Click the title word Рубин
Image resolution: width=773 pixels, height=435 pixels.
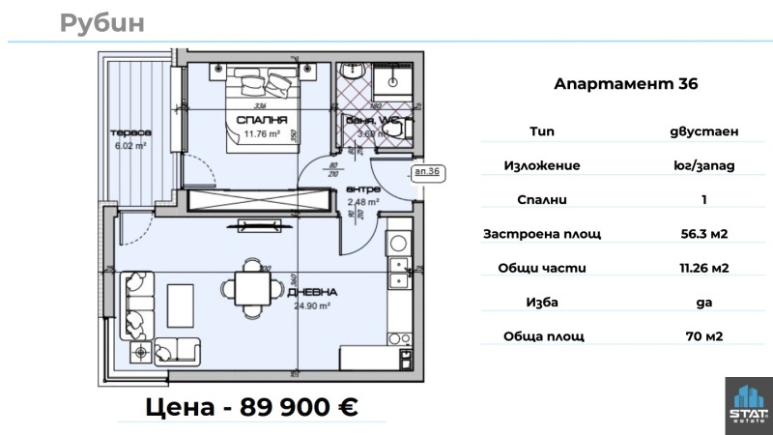(x=101, y=22)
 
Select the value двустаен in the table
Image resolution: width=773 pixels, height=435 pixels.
(x=701, y=130)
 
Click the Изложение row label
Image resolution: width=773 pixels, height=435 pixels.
(x=542, y=165)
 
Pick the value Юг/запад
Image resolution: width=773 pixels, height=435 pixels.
(x=701, y=165)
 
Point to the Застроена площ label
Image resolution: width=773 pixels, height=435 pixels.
(x=542, y=234)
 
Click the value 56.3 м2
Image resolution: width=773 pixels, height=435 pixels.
(x=701, y=234)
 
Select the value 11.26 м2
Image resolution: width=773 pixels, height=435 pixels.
(x=701, y=268)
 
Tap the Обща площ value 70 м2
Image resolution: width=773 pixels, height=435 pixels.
(x=701, y=336)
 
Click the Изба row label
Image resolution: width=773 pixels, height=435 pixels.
(x=542, y=303)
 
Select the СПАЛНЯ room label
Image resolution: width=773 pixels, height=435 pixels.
(x=262, y=121)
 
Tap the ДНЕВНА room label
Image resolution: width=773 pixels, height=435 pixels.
(x=311, y=292)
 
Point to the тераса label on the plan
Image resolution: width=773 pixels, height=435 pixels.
(x=128, y=132)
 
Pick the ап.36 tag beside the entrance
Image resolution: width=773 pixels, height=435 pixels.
(x=426, y=172)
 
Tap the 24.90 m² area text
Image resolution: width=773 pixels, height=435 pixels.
(x=310, y=304)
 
